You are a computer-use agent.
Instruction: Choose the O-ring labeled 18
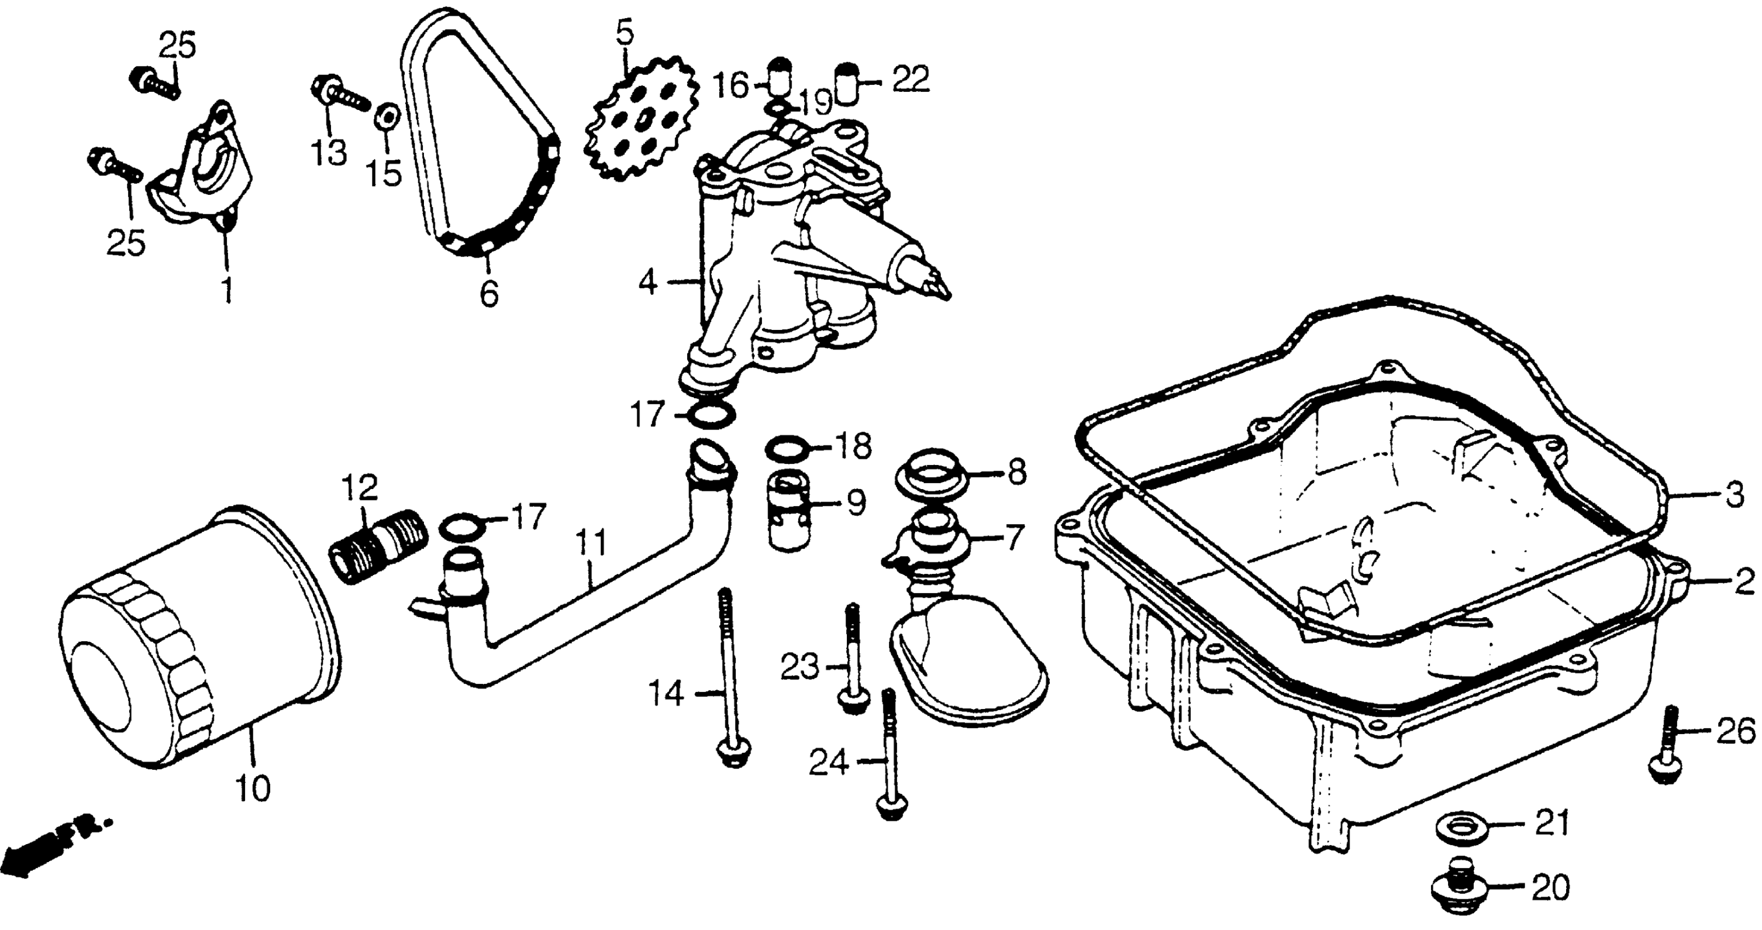787,448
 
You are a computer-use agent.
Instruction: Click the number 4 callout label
647,282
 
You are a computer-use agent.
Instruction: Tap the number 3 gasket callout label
1734,493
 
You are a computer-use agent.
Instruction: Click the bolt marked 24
889,759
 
